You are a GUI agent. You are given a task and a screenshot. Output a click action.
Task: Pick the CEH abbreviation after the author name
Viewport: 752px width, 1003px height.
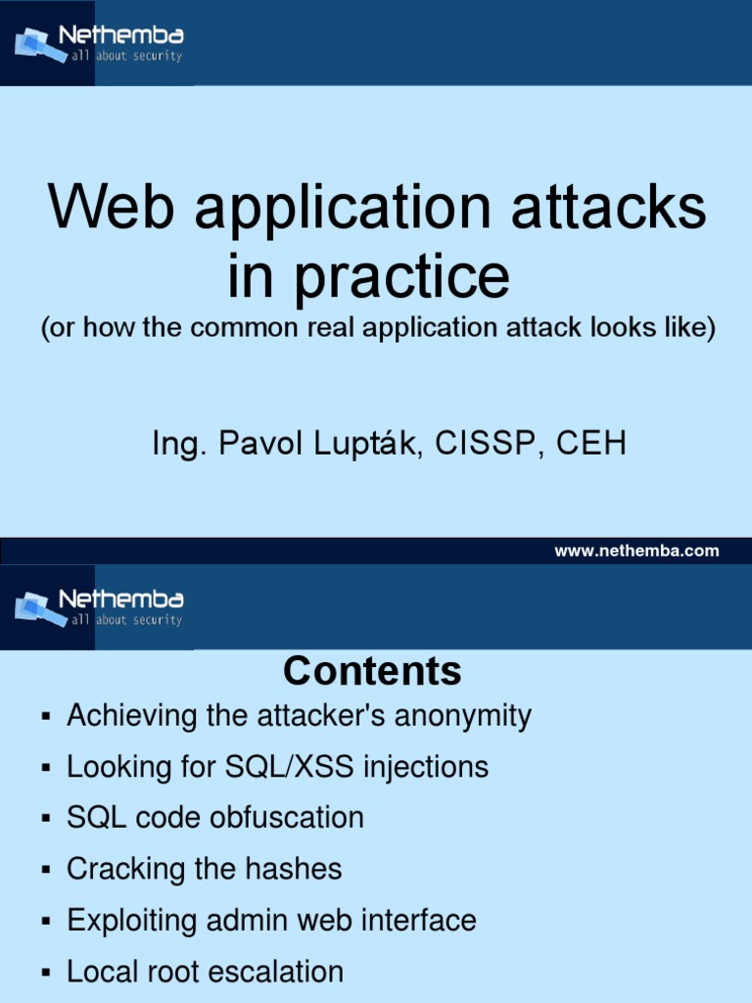[x=591, y=445]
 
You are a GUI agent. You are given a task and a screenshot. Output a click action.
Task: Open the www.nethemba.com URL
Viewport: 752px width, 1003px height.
[x=636, y=550]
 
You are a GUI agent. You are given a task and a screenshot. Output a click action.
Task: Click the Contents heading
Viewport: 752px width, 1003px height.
[x=372, y=672]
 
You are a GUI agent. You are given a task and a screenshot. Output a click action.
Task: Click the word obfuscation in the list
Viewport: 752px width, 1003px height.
[x=287, y=818]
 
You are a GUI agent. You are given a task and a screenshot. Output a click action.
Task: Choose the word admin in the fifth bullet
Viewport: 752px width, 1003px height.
[x=239, y=921]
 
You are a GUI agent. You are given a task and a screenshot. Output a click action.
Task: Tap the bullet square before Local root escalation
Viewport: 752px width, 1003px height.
[x=45, y=974]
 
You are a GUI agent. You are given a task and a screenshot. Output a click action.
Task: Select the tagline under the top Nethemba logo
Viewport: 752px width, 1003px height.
[x=125, y=57]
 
